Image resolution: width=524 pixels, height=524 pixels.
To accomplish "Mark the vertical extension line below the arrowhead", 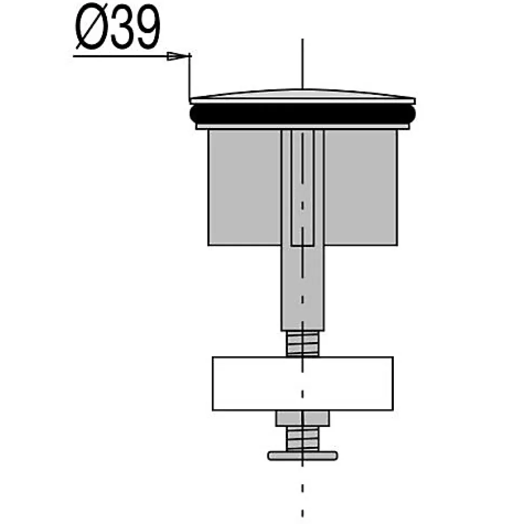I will pyautogui.click(x=190, y=78).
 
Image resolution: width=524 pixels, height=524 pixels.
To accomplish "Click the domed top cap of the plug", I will pyautogui.click(x=303, y=96).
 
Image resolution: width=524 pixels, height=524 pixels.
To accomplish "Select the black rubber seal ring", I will pyautogui.click(x=303, y=114).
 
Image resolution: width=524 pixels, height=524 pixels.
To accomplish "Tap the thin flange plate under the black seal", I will pyautogui.click(x=303, y=127).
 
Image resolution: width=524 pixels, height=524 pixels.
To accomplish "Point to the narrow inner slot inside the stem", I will pyautogui.click(x=303, y=189).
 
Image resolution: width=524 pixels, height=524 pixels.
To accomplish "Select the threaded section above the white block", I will pyautogui.click(x=303, y=344).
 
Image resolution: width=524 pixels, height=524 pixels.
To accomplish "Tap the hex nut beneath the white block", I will pyautogui.click(x=303, y=418).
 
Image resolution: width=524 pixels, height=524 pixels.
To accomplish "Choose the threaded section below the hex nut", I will pyautogui.click(x=303, y=438).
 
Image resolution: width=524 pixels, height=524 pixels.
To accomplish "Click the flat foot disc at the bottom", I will pyautogui.click(x=303, y=456).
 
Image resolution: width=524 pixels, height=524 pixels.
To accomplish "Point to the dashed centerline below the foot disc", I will pyautogui.click(x=303, y=491).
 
